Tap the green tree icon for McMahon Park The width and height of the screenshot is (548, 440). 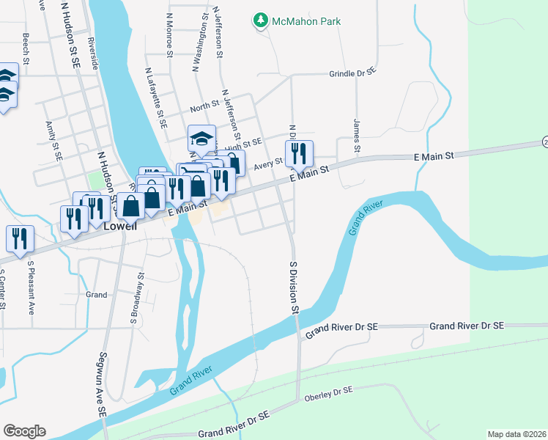[x=260, y=21]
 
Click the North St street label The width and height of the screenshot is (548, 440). [x=204, y=107]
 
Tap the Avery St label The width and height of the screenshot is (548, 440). [x=268, y=166]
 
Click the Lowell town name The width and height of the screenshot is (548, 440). [x=120, y=227]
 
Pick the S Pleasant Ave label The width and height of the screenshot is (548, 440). [x=31, y=284]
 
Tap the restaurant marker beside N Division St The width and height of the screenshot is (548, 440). [x=298, y=154]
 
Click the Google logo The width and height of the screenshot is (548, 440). [x=24, y=431]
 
